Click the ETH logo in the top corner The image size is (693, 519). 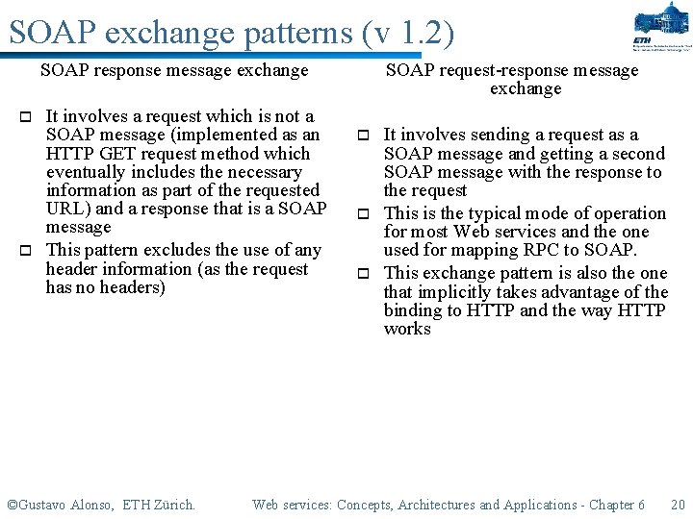point(660,27)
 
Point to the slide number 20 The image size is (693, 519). point(677,505)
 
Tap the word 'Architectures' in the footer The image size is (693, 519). point(437,505)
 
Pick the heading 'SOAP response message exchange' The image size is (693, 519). point(174,70)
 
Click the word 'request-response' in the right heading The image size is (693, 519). point(500,70)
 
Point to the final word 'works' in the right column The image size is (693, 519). point(407,329)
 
